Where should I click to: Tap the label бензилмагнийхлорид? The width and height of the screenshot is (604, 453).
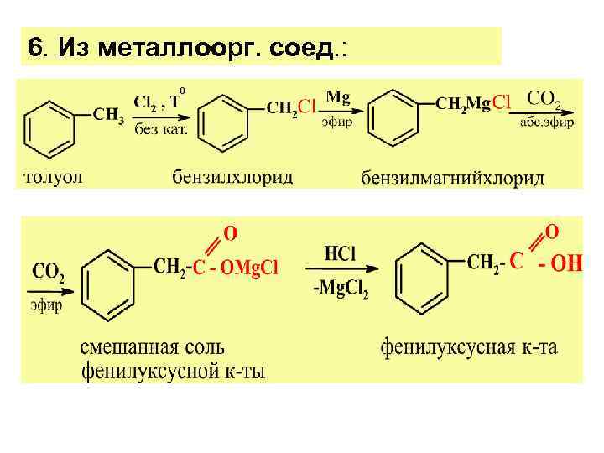tap(452, 178)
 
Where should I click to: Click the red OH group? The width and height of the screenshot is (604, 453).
tap(560, 264)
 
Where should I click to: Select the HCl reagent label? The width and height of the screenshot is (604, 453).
tap(341, 253)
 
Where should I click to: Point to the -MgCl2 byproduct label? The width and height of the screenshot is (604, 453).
tap(341, 288)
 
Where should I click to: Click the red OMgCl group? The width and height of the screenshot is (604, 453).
tap(248, 268)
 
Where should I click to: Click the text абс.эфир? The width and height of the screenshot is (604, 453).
tap(547, 122)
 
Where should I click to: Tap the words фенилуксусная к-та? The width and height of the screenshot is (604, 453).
tap(468, 346)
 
